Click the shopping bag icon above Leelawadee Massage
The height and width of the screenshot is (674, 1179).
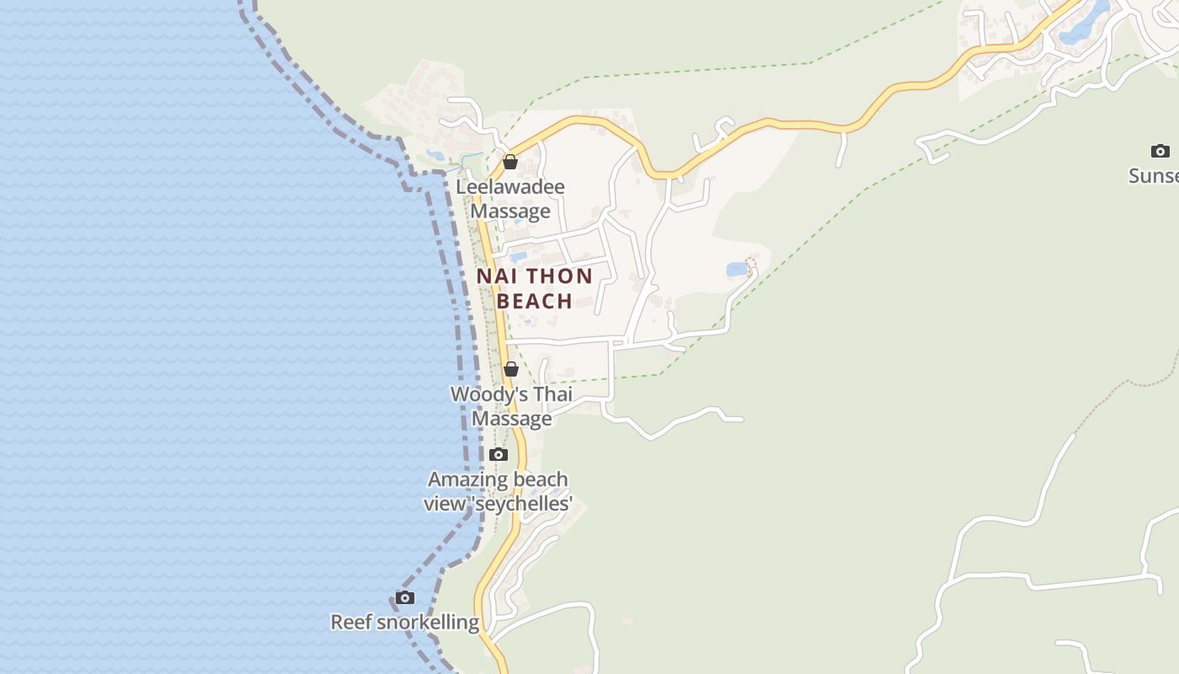point(510,162)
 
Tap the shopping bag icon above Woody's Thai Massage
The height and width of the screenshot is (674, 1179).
point(511,369)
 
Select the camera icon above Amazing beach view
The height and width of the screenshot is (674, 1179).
point(499,455)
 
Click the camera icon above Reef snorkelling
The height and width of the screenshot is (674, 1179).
point(405,598)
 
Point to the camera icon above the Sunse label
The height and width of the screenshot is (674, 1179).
point(1160,152)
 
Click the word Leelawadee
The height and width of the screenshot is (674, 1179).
point(510,187)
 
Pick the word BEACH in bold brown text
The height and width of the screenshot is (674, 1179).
point(535,301)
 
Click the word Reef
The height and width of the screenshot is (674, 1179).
point(350,623)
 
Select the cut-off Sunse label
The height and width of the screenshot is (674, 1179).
point(1154,176)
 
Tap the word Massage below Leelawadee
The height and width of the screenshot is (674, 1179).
point(510,211)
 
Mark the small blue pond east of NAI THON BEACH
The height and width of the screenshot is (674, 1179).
point(737,270)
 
